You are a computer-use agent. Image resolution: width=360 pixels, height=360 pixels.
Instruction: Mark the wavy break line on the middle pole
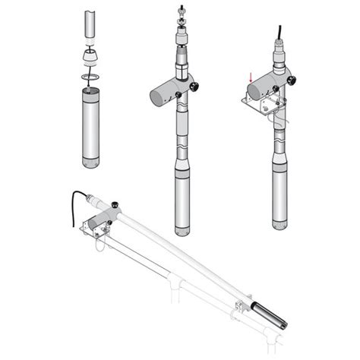click(183, 140)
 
